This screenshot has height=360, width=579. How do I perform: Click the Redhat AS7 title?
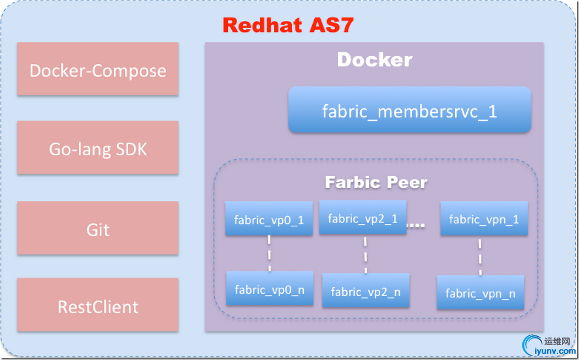pos(288,25)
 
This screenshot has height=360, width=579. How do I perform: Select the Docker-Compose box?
pos(98,69)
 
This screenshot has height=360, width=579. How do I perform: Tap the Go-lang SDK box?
pos(98,148)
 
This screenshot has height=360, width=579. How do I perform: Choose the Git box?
pos(98,228)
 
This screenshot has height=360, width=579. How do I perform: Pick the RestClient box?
pos(98,304)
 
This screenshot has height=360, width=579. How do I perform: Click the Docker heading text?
pos(375,60)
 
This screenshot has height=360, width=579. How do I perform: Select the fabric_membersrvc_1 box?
pos(409,110)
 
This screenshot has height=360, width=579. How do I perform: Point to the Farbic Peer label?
pos(376,182)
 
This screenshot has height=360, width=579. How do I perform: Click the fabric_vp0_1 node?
pos(269,218)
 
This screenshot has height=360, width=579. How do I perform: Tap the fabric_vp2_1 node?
pos(363,217)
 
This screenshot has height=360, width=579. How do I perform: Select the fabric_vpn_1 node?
pos(484,218)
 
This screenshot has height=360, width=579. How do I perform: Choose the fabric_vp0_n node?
pos(270,288)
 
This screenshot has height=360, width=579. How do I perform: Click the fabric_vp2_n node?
pos(366,290)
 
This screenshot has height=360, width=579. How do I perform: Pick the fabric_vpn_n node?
pos(480,292)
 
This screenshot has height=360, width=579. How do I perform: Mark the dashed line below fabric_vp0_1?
pos(269,253)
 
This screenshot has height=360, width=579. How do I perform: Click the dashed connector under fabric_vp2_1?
pos(365,254)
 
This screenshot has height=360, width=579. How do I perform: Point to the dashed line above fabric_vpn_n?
pos(480,255)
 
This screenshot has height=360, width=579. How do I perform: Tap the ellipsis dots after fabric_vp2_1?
pos(416,225)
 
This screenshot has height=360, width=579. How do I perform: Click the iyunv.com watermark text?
pos(555,351)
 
